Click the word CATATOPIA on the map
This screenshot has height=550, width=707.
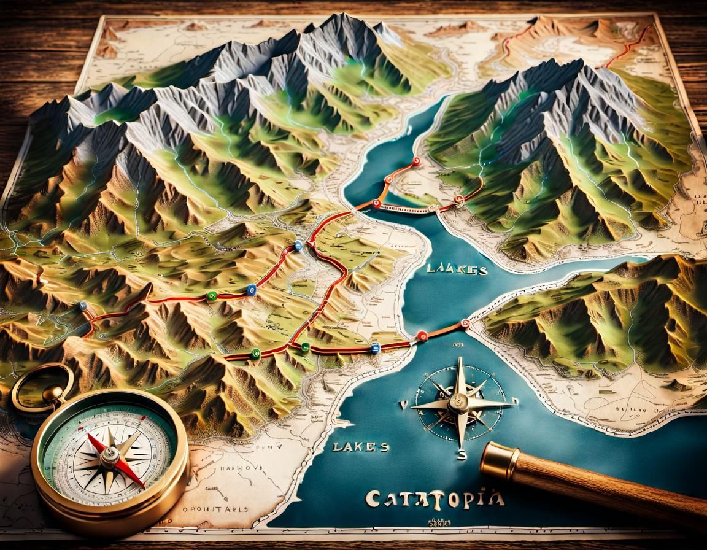[435, 497]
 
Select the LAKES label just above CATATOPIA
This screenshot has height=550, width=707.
[360, 446]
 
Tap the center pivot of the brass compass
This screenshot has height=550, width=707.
[111, 455]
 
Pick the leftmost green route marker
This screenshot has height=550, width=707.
[212, 296]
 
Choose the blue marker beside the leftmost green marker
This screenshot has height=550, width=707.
[250, 290]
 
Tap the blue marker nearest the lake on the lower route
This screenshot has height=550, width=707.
[376, 348]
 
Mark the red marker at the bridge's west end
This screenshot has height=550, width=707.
[376, 204]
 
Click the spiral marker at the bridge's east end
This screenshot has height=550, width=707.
[458, 199]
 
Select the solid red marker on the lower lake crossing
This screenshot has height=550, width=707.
[422, 335]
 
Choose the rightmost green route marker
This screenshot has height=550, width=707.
[304, 347]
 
